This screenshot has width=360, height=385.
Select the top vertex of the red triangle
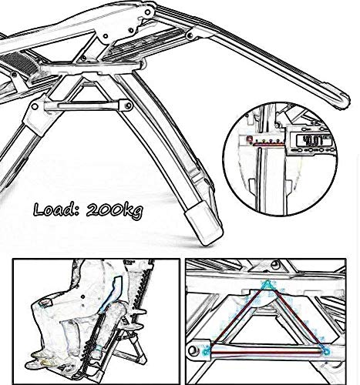268,286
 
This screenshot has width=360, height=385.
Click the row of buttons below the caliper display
315,154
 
